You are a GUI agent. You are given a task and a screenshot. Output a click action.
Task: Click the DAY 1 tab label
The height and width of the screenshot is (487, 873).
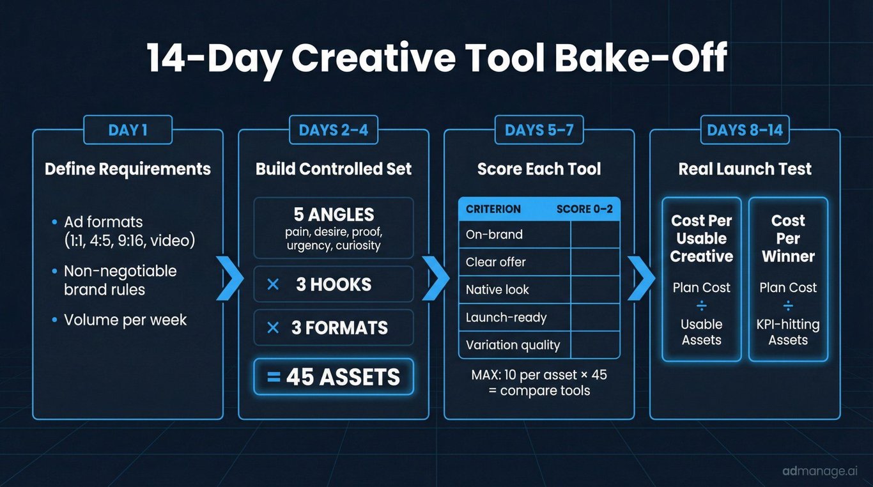click(x=128, y=130)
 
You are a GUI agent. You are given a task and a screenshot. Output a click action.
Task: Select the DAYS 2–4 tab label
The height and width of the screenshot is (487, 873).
click(x=334, y=130)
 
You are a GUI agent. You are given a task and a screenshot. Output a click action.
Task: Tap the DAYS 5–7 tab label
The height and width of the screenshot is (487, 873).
click(x=539, y=130)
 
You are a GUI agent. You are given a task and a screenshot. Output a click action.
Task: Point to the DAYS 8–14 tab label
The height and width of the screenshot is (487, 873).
click(x=745, y=130)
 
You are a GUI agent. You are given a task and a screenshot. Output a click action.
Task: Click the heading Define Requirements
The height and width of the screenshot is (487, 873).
click(x=128, y=169)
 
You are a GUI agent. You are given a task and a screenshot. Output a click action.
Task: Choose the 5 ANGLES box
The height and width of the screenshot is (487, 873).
click(x=334, y=228)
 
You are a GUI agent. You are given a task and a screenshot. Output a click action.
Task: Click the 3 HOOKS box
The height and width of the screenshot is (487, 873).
click(x=334, y=284)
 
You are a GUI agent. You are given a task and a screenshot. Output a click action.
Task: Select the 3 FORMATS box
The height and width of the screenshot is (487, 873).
click(x=334, y=327)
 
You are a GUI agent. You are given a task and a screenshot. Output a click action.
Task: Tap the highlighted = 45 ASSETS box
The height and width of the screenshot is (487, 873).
click(x=334, y=376)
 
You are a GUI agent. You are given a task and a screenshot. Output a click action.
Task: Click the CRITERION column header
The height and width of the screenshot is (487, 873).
click(x=493, y=209)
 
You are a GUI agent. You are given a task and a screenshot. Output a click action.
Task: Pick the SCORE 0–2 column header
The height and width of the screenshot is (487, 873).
click(x=585, y=209)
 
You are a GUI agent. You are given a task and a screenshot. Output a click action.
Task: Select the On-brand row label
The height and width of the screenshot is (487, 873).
click(x=494, y=235)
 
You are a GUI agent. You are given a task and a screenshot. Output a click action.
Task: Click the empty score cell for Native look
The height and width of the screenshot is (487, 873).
click(x=595, y=290)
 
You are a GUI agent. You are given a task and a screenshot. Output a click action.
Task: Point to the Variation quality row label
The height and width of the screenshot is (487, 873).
click(x=513, y=345)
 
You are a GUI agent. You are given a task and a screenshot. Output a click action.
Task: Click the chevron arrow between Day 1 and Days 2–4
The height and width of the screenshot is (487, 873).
click(x=230, y=278)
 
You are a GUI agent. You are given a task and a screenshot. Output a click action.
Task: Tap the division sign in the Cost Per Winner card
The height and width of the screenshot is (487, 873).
click(x=788, y=305)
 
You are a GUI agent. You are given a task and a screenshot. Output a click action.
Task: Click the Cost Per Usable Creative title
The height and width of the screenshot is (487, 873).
click(x=702, y=238)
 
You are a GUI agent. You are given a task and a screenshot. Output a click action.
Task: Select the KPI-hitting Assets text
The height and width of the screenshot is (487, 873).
click(x=788, y=332)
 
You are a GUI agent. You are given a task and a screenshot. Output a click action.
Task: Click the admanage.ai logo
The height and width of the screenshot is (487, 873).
click(x=820, y=471)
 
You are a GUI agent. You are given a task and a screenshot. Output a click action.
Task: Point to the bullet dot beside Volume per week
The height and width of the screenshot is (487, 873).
click(x=54, y=320)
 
